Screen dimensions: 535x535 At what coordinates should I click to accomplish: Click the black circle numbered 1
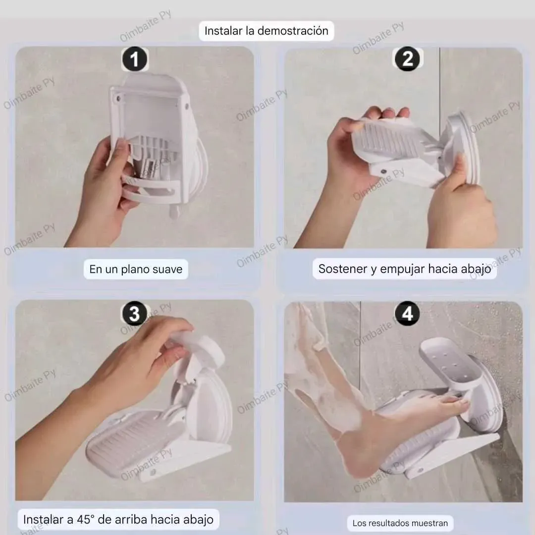[x=135, y=59]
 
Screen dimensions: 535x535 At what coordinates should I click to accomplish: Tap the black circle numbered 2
[x=407, y=58]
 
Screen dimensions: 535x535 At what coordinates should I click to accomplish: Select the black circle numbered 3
[x=135, y=313]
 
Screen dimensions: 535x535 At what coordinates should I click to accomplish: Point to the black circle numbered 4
[x=407, y=313]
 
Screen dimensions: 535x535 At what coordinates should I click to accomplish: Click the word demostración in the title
[x=293, y=31]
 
